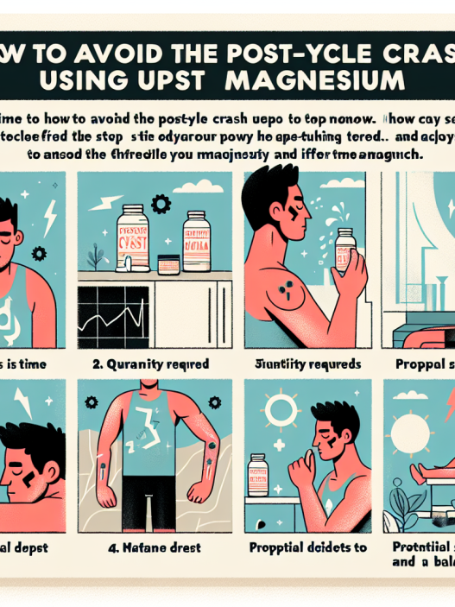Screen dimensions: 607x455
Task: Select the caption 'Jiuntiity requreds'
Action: [308, 364]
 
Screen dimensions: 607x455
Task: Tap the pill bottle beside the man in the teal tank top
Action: [258, 477]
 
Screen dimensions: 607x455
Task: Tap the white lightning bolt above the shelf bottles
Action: [111, 199]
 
